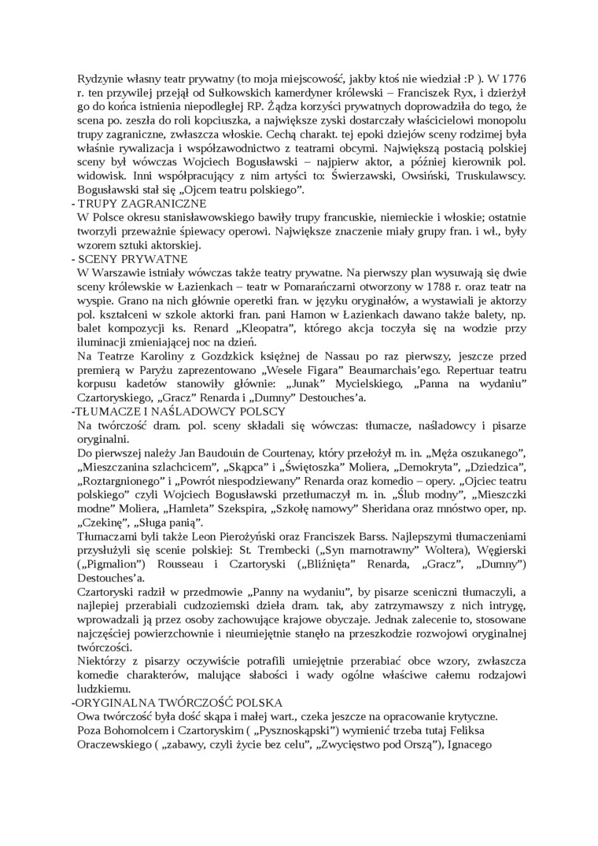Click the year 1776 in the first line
512,79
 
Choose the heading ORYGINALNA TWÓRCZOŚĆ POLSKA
179,702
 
